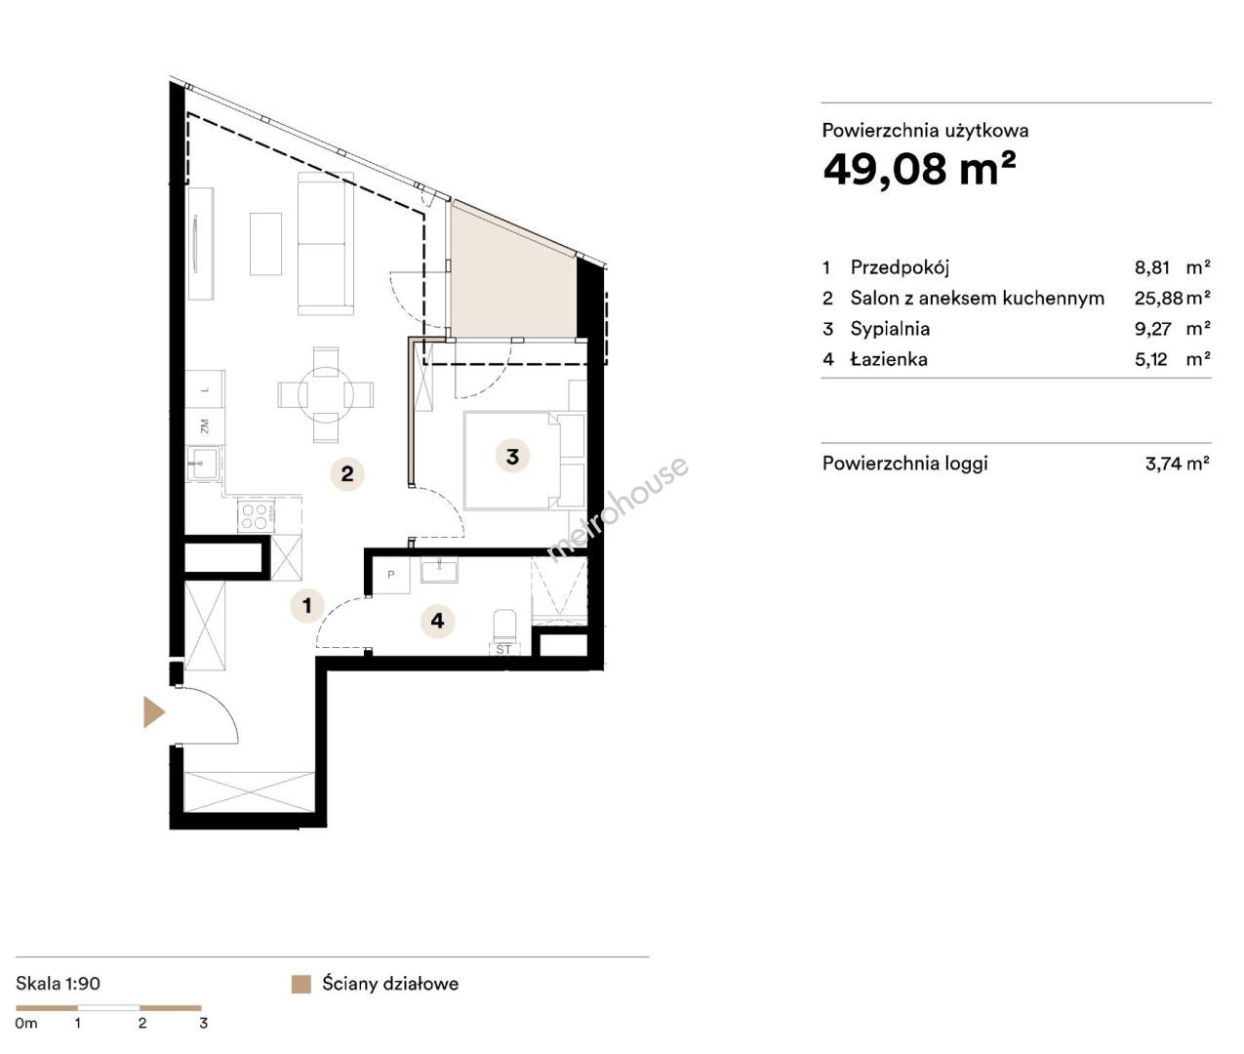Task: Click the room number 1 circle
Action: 307,605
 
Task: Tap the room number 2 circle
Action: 347,473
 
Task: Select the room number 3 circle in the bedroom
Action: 512,457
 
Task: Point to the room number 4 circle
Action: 437,621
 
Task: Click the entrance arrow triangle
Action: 153,712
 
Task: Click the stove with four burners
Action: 256,516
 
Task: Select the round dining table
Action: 326,395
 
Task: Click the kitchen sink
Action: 202,463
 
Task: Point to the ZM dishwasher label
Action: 205,426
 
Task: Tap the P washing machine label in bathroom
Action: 390,575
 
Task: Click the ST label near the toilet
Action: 503,650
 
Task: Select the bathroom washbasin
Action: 439,569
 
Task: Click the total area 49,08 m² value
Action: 919,169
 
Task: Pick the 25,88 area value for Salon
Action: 1158,298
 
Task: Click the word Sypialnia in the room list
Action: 890,329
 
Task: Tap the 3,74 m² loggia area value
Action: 1178,463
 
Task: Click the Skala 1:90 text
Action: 58,983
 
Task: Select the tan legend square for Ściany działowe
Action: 301,984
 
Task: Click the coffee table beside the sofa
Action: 265,244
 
